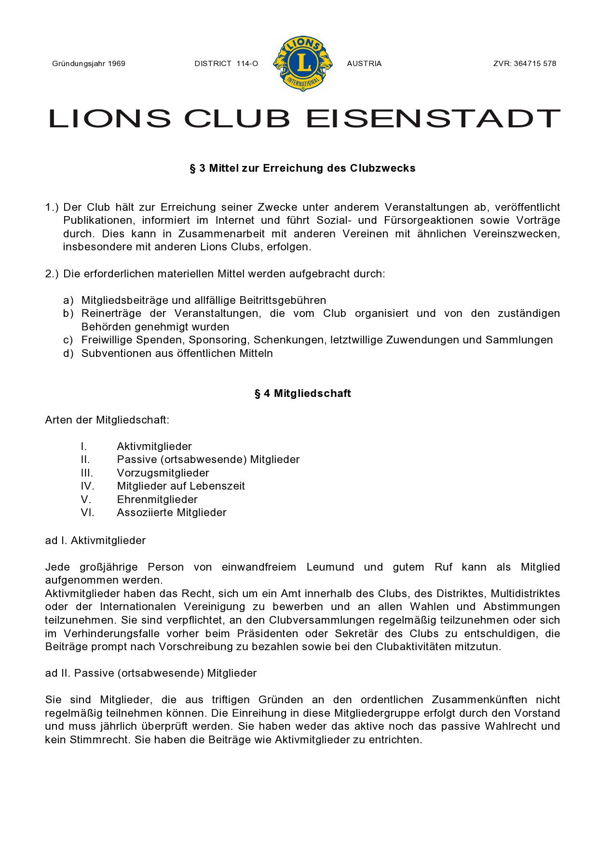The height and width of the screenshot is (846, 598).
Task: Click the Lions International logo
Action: point(303,63)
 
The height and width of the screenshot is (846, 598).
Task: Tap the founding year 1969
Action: point(117,64)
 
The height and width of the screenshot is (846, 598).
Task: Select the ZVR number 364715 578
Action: point(535,64)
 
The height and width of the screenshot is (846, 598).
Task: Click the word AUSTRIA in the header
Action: point(364,64)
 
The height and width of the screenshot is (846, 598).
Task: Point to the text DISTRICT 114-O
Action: point(226,64)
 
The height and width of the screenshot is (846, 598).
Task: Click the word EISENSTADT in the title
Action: point(433,119)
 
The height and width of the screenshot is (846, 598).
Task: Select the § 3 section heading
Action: point(302,168)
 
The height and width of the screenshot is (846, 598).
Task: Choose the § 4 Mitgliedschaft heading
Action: point(302,394)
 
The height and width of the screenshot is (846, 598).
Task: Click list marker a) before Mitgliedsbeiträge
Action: point(68,300)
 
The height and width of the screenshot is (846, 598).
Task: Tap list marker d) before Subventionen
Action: point(68,354)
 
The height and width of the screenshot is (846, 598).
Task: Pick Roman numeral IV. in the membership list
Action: point(87,486)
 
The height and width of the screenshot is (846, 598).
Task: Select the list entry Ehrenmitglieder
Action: point(157,500)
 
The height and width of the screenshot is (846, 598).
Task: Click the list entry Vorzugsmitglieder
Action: point(163,473)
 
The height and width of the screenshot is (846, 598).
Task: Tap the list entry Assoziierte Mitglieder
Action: point(172,513)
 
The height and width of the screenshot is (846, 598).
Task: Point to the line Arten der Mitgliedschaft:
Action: point(107,420)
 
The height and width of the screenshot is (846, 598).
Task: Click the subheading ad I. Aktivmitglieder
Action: point(95,541)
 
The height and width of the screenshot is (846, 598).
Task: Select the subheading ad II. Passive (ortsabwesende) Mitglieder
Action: point(151,673)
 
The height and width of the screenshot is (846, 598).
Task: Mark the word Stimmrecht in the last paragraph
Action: point(100,740)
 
